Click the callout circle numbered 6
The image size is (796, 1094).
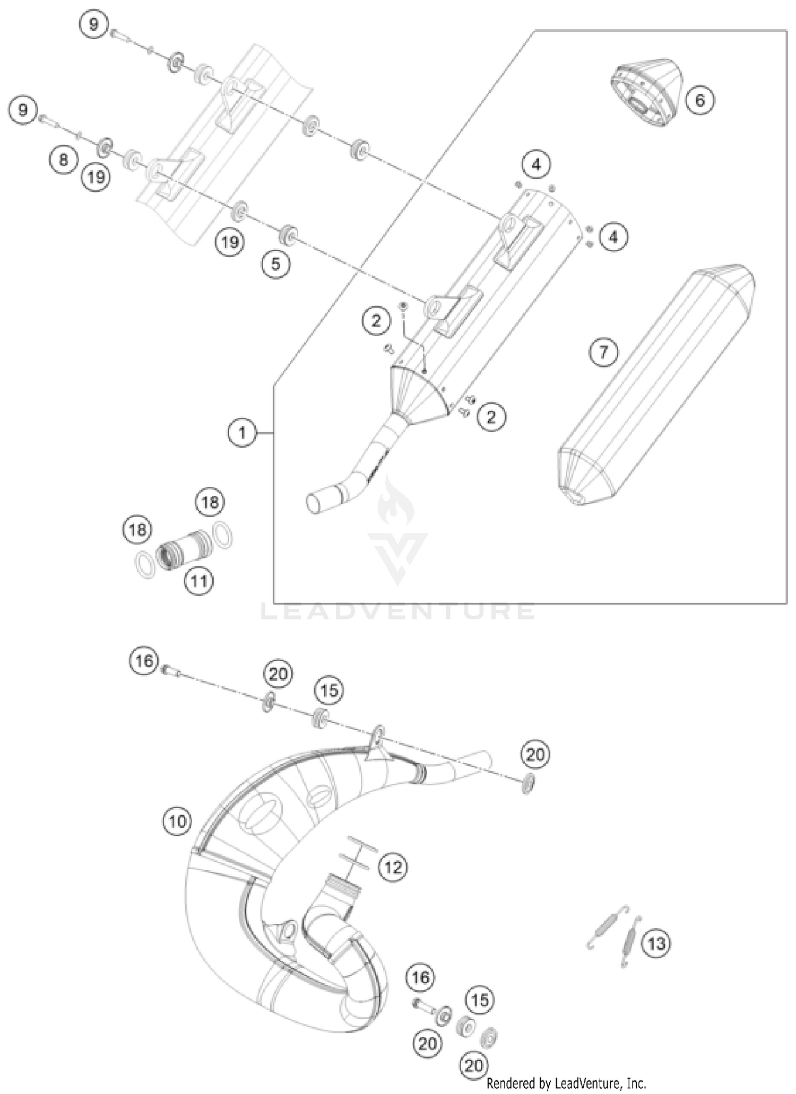pyautogui.click(x=699, y=100)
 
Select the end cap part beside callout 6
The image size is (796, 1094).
pyautogui.click(x=646, y=91)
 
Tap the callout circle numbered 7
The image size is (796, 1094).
pyautogui.click(x=603, y=352)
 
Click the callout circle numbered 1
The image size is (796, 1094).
pyautogui.click(x=243, y=433)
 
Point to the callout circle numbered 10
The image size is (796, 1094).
pyautogui.click(x=177, y=821)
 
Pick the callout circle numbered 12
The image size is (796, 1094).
pyautogui.click(x=393, y=868)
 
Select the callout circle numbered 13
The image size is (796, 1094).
pyautogui.click(x=656, y=943)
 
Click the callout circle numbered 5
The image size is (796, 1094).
pyautogui.click(x=275, y=264)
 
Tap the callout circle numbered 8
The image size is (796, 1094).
pyautogui.click(x=64, y=159)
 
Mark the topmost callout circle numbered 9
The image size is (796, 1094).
pyautogui.click(x=94, y=24)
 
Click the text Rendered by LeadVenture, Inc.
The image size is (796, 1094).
pyautogui.click(x=566, y=1082)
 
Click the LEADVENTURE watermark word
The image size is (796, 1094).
pyautogui.click(x=398, y=611)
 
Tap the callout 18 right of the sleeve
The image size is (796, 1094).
pyautogui.click(x=210, y=501)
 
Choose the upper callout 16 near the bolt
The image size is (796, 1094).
pyautogui.click(x=143, y=661)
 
